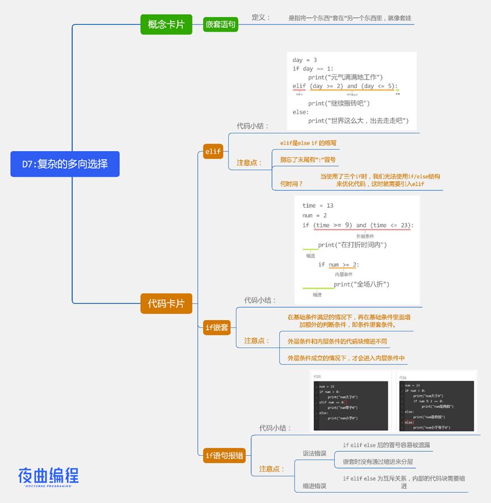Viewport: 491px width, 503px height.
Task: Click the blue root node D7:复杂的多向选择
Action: [x=65, y=164]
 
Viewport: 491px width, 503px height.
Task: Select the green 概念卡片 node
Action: [x=166, y=24]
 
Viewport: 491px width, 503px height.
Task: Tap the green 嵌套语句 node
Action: [x=220, y=24]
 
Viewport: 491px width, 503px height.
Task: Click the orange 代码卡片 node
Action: [x=166, y=304]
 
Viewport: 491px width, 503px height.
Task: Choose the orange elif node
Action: [x=212, y=151]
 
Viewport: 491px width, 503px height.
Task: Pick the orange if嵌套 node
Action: [x=217, y=327]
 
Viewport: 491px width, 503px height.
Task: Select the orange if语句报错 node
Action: [x=224, y=454]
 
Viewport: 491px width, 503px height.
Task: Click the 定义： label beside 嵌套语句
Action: [x=261, y=18]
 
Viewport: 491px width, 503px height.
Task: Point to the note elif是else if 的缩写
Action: [x=309, y=143]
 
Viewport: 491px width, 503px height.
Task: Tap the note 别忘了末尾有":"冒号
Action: [x=308, y=160]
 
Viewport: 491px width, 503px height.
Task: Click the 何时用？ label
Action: [x=291, y=184]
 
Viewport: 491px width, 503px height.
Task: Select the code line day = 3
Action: [x=305, y=60]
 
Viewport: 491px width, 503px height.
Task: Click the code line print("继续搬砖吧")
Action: [x=339, y=103]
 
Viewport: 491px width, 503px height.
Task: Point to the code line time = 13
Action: [x=318, y=206]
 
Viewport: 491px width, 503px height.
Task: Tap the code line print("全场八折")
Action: [x=362, y=284]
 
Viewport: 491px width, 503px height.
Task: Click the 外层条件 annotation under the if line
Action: [x=364, y=236]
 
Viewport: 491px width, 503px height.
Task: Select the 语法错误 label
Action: [x=314, y=453]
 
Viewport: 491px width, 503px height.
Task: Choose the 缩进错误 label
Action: [x=314, y=486]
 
